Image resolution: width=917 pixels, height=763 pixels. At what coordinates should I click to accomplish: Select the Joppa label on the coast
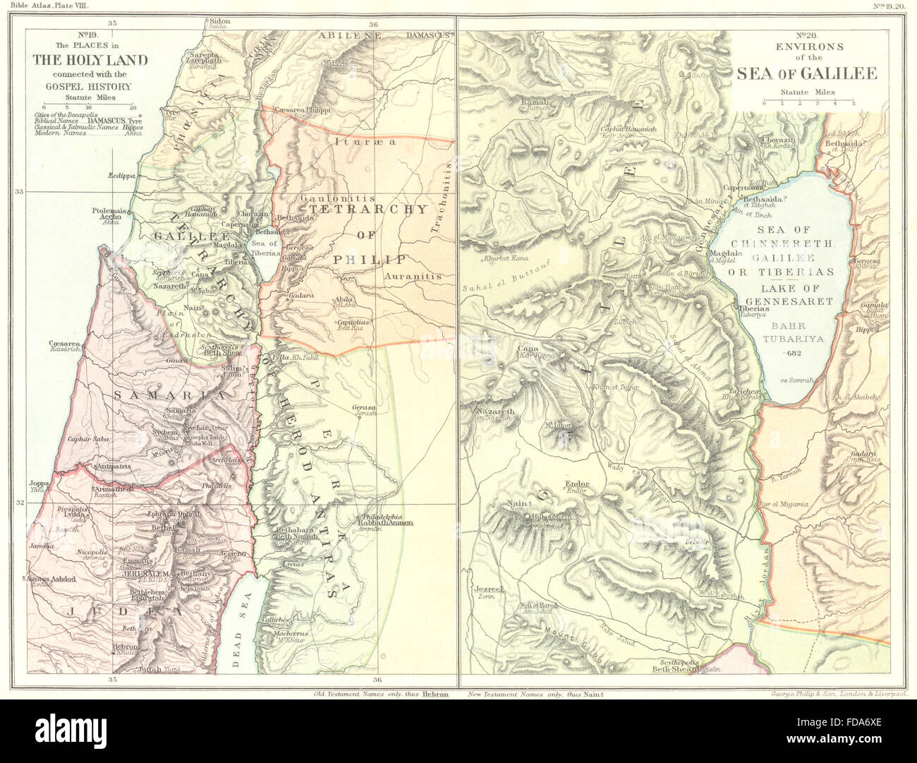click(38, 484)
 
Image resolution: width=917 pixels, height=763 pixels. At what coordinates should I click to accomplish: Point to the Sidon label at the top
click(219, 21)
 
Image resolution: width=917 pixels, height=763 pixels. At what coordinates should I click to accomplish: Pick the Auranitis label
click(413, 276)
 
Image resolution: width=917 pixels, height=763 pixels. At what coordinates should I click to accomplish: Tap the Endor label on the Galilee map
click(576, 484)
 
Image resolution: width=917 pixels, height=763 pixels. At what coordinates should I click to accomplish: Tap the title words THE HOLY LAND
click(90, 60)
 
